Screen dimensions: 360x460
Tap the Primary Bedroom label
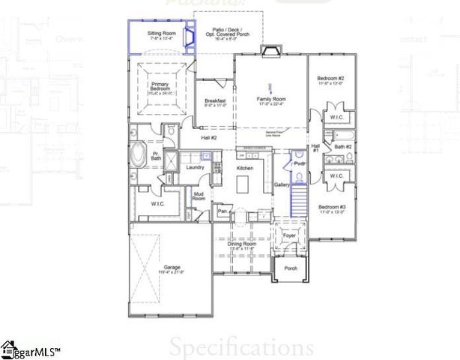tap(159, 88)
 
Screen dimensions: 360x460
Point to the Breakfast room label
tap(215, 102)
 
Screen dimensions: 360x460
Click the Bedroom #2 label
tap(330, 80)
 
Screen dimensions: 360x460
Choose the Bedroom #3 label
tap(330, 208)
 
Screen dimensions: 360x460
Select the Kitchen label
tap(245, 169)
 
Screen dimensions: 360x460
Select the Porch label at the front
tap(290, 268)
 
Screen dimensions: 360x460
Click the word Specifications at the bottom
tap(240, 347)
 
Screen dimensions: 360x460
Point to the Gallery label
tap(282, 184)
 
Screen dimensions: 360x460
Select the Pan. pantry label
tap(223, 212)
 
